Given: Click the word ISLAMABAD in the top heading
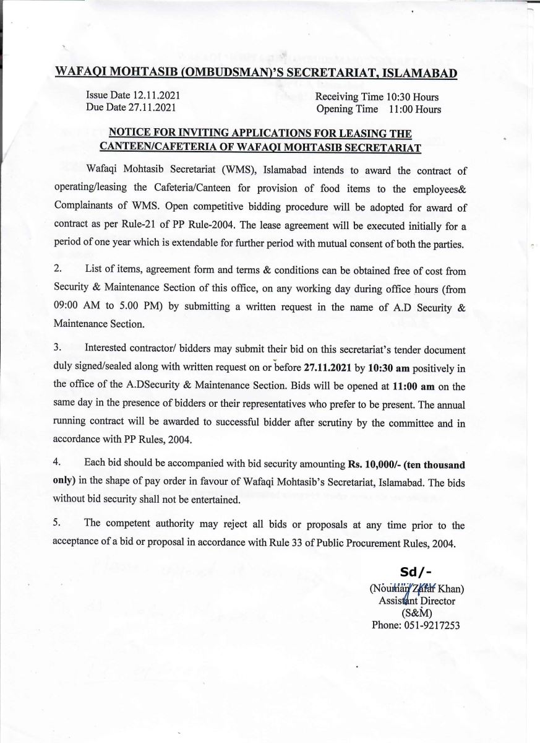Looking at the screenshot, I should pyautogui.click(x=420, y=74).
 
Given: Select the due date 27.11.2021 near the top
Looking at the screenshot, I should pyautogui.click(x=152, y=107).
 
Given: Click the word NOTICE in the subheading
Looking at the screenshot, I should pyautogui.click(x=131, y=133).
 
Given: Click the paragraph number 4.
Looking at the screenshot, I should pyautogui.click(x=58, y=463).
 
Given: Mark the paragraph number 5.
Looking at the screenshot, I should pyautogui.click(x=58, y=524).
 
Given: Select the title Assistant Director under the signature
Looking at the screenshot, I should pyautogui.click(x=416, y=601).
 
